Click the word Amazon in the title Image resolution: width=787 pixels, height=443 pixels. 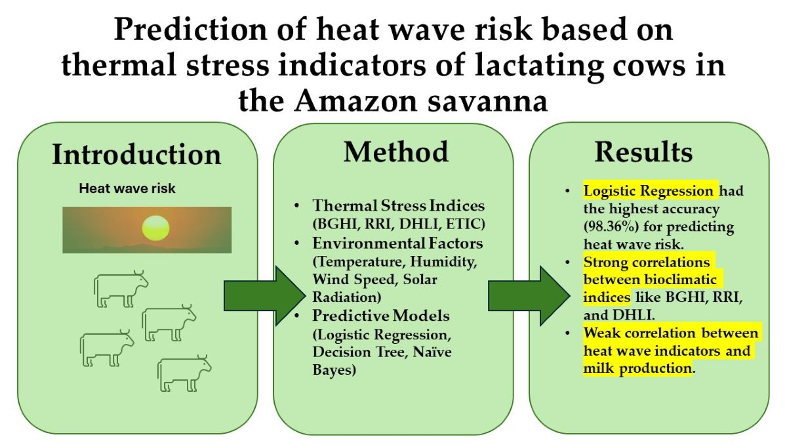(355, 101)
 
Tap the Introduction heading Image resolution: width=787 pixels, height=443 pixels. (136, 155)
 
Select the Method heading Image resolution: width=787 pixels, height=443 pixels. (396, 152)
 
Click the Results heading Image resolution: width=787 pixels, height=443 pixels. (643, 152)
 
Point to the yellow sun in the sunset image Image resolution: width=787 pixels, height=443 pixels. (155, 228)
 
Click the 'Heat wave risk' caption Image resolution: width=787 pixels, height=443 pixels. (127, 189)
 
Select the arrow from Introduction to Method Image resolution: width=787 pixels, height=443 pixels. (265, 296)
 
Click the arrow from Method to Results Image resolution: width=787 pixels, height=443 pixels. (529, 296)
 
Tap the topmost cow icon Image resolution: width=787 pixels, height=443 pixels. (121, 289)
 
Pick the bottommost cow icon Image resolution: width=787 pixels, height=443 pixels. (184, 373)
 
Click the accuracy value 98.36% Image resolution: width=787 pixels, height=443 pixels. (611, 227)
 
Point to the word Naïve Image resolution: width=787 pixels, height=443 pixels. (432, 352)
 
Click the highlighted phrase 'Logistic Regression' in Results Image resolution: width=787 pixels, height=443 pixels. (648, 191)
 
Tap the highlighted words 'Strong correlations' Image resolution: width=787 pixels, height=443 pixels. (647, 263)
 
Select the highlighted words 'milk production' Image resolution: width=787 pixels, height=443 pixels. (637, 369)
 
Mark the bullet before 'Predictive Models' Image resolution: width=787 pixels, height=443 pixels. (297, 316)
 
